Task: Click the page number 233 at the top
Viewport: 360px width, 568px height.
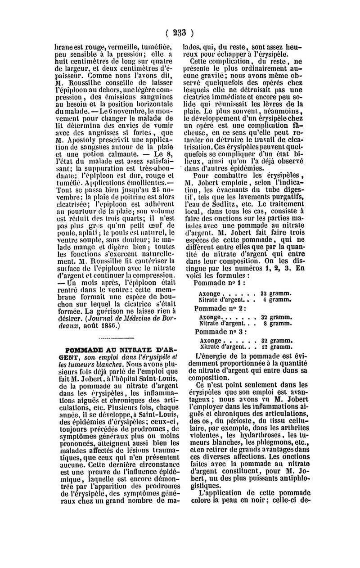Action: tap(180, 32)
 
